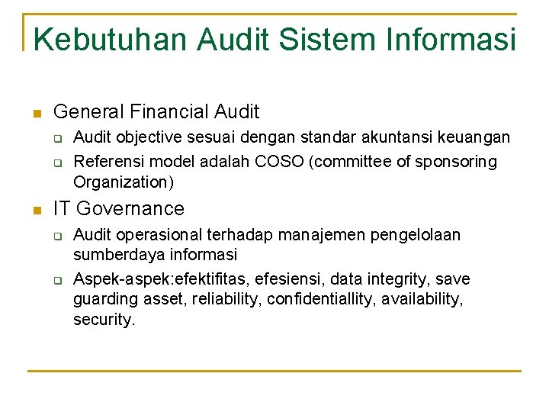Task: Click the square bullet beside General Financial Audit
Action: coord(35,114)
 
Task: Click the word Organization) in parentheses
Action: coord(124,182)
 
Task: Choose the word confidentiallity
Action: coord(314,299)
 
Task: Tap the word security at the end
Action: coord(103,320)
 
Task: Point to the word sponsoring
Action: coord(459,162)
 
